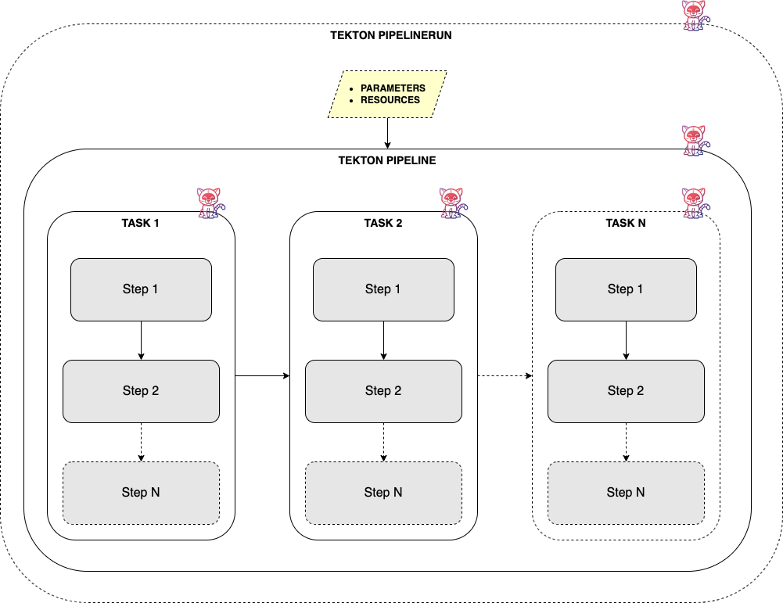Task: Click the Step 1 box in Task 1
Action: (141, 289)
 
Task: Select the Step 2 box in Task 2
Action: (383, 391)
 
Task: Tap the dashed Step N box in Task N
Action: (626, 493)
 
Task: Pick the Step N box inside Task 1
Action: (141, 493)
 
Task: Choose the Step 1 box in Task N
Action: (626, 289)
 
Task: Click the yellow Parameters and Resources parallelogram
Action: (387, 95)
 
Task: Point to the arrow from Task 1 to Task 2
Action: (262, 376)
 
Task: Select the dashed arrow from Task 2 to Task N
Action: (505, 376)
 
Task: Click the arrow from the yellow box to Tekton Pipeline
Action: (387, 133)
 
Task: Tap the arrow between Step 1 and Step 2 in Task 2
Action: (383, 340)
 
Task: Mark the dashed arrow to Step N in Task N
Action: (626, 442)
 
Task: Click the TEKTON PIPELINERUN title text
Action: (391, 36)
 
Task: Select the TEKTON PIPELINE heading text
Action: (387, 160)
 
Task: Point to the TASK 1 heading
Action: (141, 223)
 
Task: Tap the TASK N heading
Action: (626, 223)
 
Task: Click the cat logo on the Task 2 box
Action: (451, 202)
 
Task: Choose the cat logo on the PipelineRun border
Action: (694, 16)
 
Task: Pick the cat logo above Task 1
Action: (209, 202)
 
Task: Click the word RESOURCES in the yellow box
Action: (390, 100)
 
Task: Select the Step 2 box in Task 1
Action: (141, 391)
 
